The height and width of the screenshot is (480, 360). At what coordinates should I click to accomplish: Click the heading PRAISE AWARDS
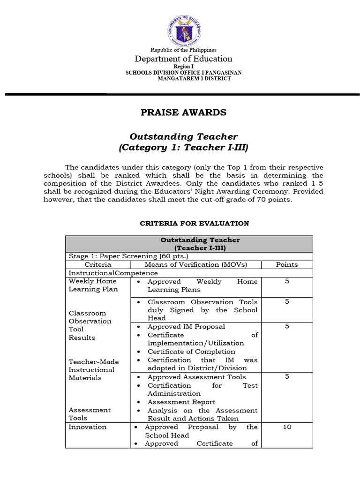[184, 112]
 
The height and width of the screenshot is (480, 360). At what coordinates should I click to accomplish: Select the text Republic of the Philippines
[183, 50]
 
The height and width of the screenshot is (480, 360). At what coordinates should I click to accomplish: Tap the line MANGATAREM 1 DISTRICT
[194, 79]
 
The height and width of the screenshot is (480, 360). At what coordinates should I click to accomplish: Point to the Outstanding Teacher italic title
[183, 136]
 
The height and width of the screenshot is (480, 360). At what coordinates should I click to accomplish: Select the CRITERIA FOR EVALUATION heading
[195, 224]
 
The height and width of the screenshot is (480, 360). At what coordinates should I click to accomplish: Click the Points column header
[286, 265]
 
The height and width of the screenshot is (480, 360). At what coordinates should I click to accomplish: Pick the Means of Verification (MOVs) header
[195, 265]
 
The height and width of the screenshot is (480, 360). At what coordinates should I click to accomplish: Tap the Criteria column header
[97, 265]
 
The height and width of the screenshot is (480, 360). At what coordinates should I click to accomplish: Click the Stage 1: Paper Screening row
[128, 256]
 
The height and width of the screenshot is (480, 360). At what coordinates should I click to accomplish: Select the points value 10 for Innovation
[286, 427]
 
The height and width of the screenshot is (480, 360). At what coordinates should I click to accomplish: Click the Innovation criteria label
[88, 427]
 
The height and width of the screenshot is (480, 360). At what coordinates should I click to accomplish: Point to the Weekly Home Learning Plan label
[93, 285]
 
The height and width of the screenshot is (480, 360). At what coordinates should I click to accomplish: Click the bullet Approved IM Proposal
[186, 327]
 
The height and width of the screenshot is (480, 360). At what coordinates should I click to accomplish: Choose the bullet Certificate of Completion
[191, 352]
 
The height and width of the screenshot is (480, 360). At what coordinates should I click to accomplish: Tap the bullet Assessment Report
[181, 402]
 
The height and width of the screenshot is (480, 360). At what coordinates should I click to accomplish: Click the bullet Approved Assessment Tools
[196, 377]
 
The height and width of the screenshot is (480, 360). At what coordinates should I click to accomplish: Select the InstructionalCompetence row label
[113, 273]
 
